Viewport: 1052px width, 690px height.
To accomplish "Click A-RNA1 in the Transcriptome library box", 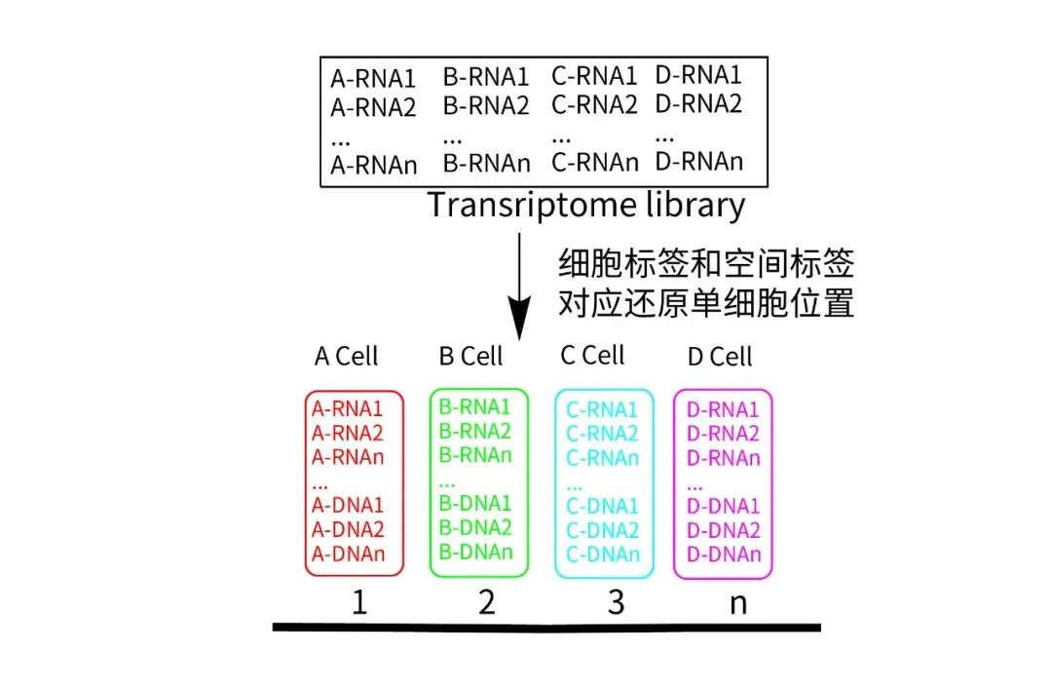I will (373, 78).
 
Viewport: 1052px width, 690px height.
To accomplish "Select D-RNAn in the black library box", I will (698, 160).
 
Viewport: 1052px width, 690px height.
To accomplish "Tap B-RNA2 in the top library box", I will (486, 105).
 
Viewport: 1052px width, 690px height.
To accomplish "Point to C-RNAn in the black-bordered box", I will (594, 162).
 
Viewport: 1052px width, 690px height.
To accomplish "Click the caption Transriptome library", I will (586, 206).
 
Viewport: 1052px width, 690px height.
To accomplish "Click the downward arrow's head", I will (521, 321).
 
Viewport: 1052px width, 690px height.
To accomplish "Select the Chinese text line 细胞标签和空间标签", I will (706, 263).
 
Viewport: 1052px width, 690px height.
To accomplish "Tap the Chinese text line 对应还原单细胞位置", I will (706, 304).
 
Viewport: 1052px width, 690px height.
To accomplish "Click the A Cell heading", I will (346, 357).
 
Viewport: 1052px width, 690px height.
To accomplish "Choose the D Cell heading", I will (720, 357).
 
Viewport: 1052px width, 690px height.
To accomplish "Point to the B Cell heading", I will (471, 357).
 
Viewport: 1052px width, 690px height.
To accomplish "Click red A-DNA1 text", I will (348, 505).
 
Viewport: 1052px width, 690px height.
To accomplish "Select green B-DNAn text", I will (475, 553).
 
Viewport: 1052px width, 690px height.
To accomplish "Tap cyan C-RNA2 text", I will (602, 434).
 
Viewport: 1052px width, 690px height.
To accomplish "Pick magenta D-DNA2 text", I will (723, 530).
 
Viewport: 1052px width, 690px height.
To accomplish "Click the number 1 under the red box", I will (359, 603).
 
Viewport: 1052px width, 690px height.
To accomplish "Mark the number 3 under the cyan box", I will (615, 603).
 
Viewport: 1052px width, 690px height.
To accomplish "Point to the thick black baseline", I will (545, 627).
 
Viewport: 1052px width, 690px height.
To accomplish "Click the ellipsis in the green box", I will (447, 481).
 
